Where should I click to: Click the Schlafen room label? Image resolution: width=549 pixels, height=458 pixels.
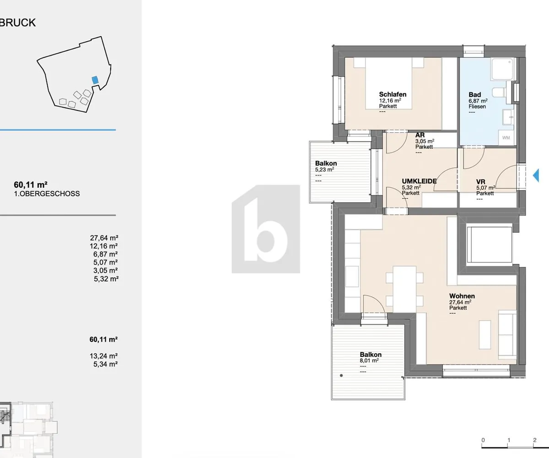(x=393, y=94)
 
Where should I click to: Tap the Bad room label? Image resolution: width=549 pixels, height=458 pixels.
(x=474, y=94)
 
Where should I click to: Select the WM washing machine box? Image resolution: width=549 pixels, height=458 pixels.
(x=506, y=138)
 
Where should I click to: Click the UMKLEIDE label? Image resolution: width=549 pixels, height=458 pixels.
(x=419, y=181)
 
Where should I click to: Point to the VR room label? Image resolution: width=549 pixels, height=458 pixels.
(x=481, y=182)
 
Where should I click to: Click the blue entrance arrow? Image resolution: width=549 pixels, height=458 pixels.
(x=536, y=175)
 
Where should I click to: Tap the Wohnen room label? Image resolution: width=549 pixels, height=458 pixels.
(x=462, y=296)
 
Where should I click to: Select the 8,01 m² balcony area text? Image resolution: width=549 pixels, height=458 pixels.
(x=369, y=360)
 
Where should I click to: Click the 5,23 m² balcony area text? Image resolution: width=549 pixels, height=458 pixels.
(x=324, y=169)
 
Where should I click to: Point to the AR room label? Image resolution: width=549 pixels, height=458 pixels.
(x=420, y=135)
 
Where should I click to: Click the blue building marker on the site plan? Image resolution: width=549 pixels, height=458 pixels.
(x=95, y=80)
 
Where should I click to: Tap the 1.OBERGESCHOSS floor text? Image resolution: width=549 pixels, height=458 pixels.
(x=47, y=194)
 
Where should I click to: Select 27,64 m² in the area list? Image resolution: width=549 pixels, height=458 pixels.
(x=104, y=238)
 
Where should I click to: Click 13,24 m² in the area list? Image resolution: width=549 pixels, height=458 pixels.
(x=103, y=356)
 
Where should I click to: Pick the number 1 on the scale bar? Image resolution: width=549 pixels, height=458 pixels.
(x=509, y=440)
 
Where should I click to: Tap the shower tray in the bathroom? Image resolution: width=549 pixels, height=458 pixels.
(x=502, y=69)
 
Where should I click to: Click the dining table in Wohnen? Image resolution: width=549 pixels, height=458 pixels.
(x=404, y=289)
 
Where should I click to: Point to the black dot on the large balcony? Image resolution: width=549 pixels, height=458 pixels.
(x=341, y=376)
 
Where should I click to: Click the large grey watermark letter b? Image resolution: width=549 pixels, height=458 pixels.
(x=265, y=229)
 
